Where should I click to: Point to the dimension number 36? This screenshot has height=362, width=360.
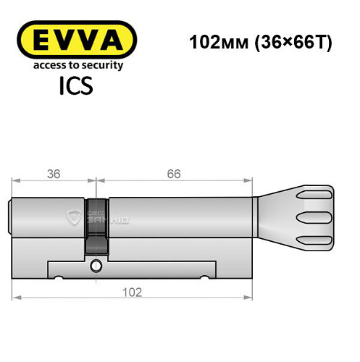coord(54,174)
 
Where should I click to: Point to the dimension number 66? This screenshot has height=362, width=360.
coord(172,174)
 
